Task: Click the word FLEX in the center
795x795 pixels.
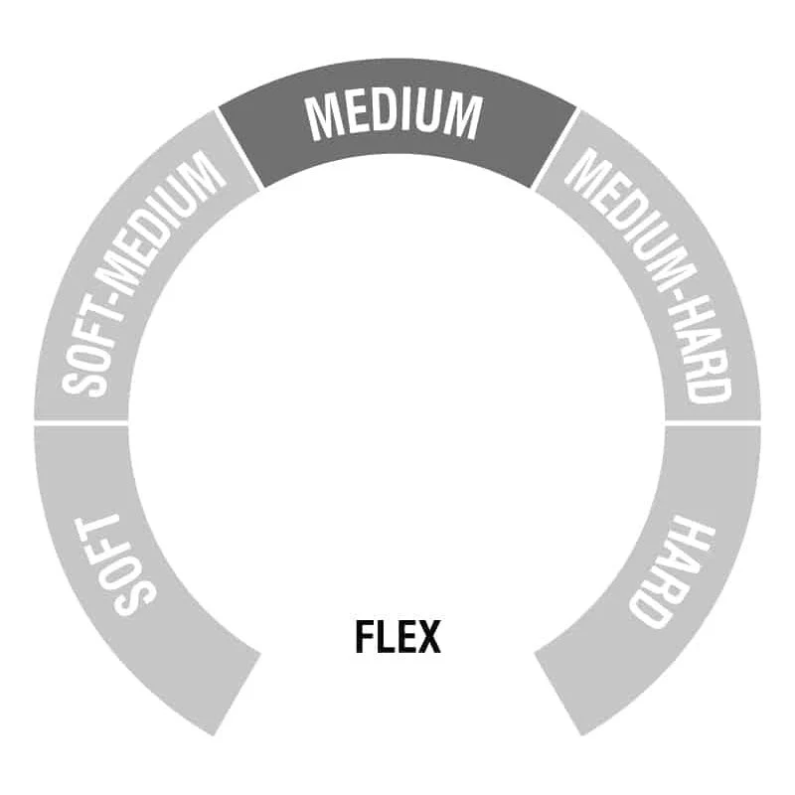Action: tap(397, 637)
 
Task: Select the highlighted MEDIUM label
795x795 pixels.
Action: tap(394, 116)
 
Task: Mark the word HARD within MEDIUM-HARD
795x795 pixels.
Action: tap(706, 355)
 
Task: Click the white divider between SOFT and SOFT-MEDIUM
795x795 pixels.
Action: tap(81, 423)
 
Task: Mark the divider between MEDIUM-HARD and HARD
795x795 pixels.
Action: tap(713, 423)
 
